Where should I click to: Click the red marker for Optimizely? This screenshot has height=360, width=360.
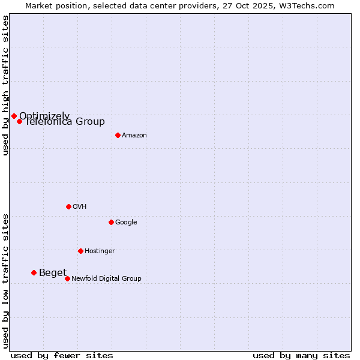coord(14,116)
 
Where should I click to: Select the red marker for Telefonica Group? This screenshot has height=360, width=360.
coord(19,121)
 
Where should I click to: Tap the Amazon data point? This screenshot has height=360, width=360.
coord(118,135)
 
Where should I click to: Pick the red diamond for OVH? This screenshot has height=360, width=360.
coord(68,206)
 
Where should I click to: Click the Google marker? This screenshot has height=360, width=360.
coord(111,222)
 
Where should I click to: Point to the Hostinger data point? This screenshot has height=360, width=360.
coord(80,251)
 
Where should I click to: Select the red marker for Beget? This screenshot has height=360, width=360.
coord(34,272)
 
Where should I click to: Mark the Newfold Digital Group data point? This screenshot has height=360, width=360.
coord(67,278)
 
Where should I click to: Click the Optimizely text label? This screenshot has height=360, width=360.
coord(44,116)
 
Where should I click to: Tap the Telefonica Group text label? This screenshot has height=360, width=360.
coord(65,122)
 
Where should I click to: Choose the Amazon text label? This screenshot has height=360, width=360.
coord(134,136)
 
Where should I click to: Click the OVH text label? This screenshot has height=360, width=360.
coord(80,207)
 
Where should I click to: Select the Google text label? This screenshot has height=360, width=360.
coord(126,223)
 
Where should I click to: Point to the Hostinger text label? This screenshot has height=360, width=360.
coord(100,251)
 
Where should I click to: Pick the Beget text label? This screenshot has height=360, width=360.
coord(53,273)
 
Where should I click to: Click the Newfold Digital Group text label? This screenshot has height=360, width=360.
coord(106,279)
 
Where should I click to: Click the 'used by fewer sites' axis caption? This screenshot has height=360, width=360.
coord(62,355)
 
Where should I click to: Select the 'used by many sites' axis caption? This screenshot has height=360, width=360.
coord(301,355)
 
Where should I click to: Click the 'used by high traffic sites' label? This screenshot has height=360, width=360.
coord(5,85)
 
